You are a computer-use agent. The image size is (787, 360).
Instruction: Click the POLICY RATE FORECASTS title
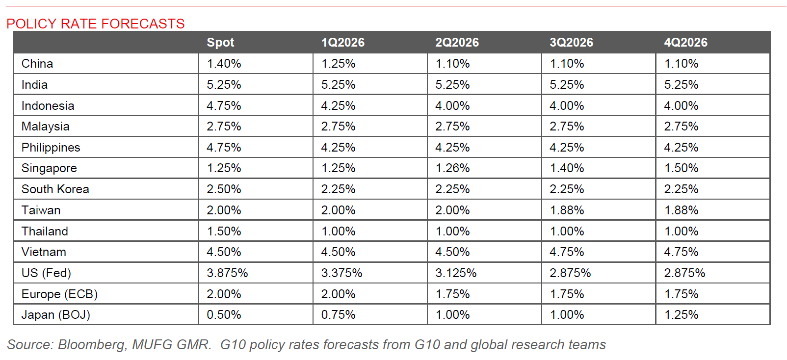pyautogui.click(x=96, y=24)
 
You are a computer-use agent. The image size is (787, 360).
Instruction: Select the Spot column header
pyautogui.click(x=220, y=43)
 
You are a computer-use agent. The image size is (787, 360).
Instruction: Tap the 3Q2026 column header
pyautogui.click(x=571, y=43)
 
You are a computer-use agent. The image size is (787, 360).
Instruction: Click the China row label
pyautogui.click(x=37, y=64)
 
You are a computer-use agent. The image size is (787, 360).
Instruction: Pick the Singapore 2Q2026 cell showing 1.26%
pyautogui.click(x=452, y=168)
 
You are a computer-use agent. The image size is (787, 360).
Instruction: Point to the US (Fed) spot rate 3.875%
pyautogui.click(x=227, y=273)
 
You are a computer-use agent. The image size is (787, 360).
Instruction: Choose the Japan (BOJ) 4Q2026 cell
pyautogui.click(x=681, y=315)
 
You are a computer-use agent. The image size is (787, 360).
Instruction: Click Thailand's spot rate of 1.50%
pyautogui.click(x=224, y=231)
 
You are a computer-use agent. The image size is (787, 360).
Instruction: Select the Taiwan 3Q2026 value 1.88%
pyautogui.click(x=567, y=210)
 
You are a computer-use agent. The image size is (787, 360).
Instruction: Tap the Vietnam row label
pyautogui.click(x=44, y=252)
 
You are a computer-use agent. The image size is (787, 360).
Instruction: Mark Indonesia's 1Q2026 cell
pyautogui.click(x=338, y=106)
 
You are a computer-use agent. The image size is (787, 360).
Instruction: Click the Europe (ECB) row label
pyautogui.click(x=59, y=294)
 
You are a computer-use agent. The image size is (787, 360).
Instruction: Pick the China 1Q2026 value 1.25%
pyautogui.click(x=338, y=64)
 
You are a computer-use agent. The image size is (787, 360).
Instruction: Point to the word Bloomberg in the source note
pyautogui.click(x=91, y=345)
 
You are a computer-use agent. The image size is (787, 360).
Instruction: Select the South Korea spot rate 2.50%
pyautogui.click(x=224, y=189)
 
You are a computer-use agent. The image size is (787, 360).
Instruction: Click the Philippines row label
pyautogui.click(x=51, y=148)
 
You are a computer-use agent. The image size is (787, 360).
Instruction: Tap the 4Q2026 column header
pyautogui.click(x=685, y=43)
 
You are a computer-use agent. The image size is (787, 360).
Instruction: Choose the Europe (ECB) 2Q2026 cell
pyautogui.click(x=452, y=294)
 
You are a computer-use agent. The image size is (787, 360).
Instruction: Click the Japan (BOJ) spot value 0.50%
pyautogui.click(x=224, y=315)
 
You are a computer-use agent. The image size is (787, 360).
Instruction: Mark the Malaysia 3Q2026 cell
pyautogui.click(x=567, y=127)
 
